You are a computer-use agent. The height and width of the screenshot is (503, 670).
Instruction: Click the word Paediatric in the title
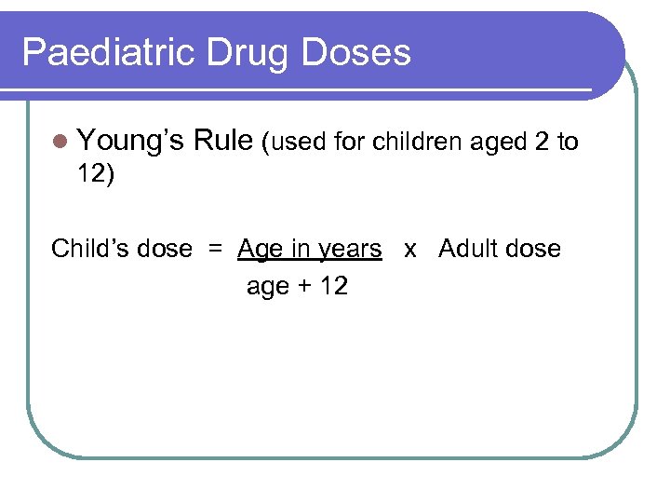tap(105, 52)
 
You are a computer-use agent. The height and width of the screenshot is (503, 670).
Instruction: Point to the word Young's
tap(131, 142)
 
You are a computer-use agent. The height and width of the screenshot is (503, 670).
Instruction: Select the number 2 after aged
tap(541, 143)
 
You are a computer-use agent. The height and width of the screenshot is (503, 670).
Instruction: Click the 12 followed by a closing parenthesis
tap(95, 175)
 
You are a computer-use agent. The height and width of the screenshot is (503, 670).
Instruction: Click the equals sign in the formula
tap(215, 250)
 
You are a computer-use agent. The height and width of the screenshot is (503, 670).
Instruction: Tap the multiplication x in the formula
tap(409, 250)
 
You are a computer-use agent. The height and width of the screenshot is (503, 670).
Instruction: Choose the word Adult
tap(467, 250)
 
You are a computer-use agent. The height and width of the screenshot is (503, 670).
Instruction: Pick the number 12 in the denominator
tap(332, 286)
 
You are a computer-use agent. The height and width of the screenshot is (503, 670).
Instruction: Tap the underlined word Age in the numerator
tap(258, 250)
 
